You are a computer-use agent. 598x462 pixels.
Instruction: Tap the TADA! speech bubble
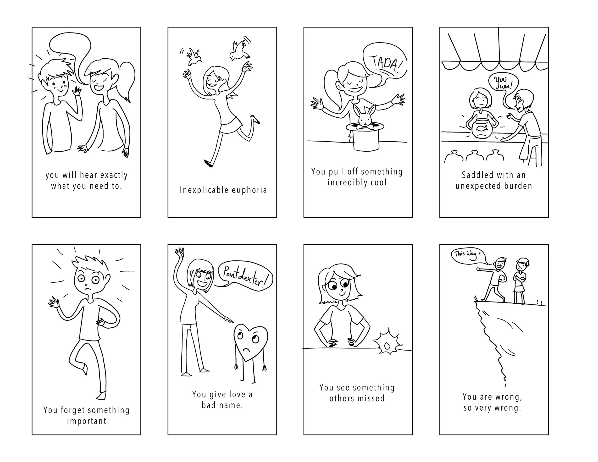[x=384, y=65]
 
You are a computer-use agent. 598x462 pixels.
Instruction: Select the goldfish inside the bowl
[x=482, y=128]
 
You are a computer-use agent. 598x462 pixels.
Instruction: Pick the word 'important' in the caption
[x=87, y=421]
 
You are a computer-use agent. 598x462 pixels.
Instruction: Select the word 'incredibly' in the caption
[x=346, y=182]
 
